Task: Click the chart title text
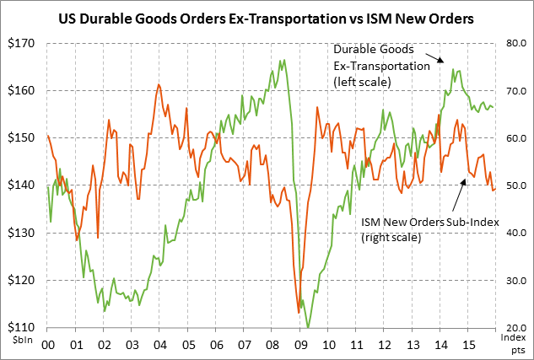click(267, 18)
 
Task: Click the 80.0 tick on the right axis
click(513, 43)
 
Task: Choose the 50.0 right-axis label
click(513, 185)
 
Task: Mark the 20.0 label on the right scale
click(513, 327)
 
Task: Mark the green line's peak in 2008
click(283, 60)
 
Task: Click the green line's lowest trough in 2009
click(308, 327)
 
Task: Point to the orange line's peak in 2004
click(159, 84)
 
